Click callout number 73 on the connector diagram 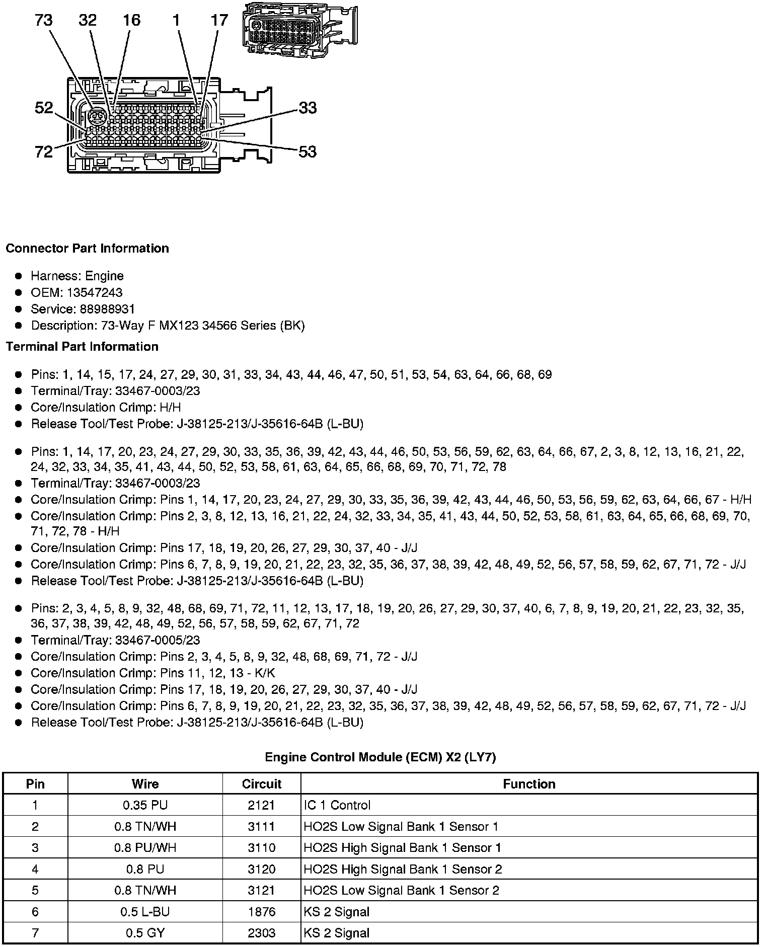point(44,20)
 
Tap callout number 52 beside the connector point(44,107)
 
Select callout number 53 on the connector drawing point(308,151)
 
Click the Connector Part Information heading point(87,249)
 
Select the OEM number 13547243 point(95,292)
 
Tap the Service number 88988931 point(107,309)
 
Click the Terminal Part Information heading point(82,347)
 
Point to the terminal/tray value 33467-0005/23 point(158,640)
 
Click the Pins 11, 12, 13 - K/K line point(217,673)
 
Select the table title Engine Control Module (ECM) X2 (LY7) point(380,757)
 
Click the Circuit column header point(262,784)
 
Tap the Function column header point(529,784)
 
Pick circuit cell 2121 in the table point(262,805)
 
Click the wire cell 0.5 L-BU point(145,912)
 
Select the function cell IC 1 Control point(337,805)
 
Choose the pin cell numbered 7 point(35,933)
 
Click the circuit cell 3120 point(262,869)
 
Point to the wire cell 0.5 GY point(145,933)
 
